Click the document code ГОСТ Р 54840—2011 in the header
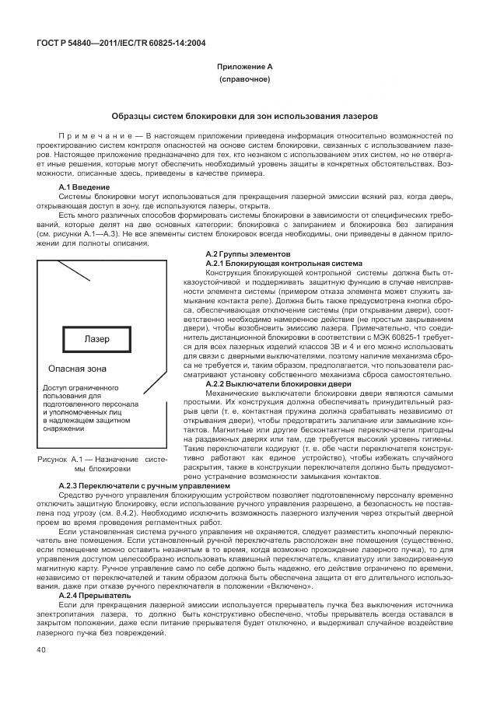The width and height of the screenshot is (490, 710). [x=78, y=43]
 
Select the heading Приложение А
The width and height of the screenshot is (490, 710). [x=244, y=68]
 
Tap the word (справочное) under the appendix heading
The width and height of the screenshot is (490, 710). [x=244, y=80]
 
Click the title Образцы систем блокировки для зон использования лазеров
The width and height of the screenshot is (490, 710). [x=244, y=115]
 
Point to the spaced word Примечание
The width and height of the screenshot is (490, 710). [x=89, y=136]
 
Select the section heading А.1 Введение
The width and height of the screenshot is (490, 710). [x=84, y=187]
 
